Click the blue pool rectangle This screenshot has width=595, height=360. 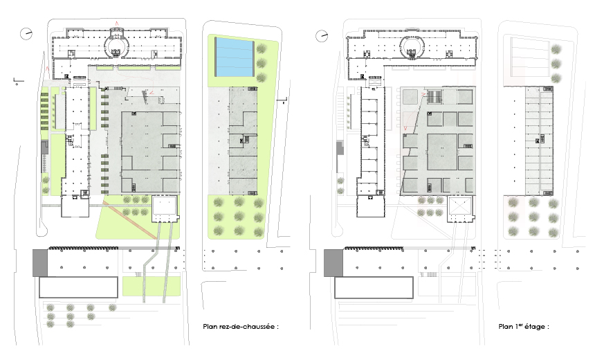(x=234, y=57)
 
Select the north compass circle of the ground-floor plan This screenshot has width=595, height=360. (x=26, y=33)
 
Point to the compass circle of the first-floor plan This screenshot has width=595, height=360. (x=322, y=36)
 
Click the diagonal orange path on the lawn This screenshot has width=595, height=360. (x=130, y=220)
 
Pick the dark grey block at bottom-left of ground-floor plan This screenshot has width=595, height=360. (x=40, y=263)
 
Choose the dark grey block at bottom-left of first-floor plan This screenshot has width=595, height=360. (x=333, y=263)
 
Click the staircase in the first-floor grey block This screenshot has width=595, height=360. (x=434, y=97)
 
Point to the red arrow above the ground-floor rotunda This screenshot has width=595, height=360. (x=117, y=24)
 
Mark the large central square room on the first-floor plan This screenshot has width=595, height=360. (x=442, y=152)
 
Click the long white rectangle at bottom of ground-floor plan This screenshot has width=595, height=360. (x=79, y=287)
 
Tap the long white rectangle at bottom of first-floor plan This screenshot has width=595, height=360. (x=374, y=287)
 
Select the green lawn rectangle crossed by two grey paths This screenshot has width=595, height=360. (x=151, y=286)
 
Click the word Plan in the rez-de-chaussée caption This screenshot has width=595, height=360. (x=210, y=327)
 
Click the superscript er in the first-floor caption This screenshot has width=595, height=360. (x=520, y=325)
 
